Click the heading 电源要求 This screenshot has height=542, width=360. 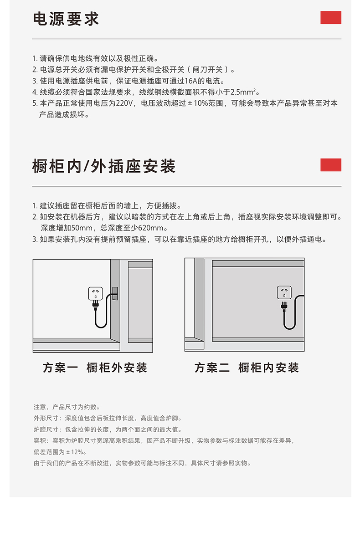tap(66, 19)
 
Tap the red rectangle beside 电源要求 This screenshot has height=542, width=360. tap(330, 18)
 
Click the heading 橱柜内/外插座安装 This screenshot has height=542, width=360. tap(104, 166)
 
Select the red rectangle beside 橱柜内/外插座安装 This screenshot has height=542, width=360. tap(330, 165)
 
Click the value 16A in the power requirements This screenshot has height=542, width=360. tap(190, 81)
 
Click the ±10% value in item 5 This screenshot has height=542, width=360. tap(198, 103)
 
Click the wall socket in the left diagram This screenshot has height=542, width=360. tap(95, 293)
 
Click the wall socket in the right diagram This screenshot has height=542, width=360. tap(284, 292)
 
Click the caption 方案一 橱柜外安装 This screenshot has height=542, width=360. tap(95, 368)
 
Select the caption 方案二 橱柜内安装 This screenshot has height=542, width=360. tap(247, 368)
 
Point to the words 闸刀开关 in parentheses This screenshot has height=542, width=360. tap(208, 70)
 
